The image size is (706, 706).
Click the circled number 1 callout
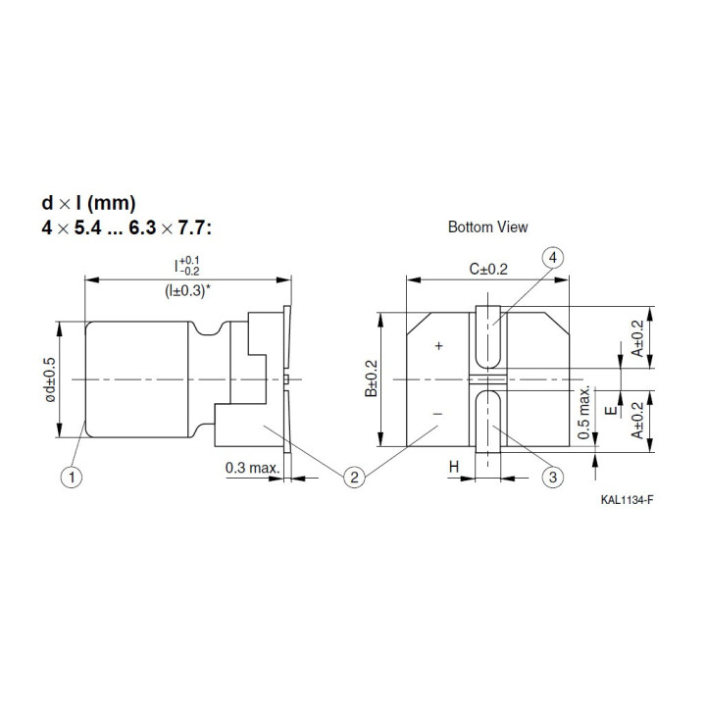(69, 478)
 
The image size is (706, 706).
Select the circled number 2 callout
(355, 478)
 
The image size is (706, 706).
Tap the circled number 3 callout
(553, 478)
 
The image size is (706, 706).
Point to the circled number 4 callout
(552, 258)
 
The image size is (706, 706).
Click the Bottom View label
(487, 227)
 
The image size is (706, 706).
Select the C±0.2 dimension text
(487, 269)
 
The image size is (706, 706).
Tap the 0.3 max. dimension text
(252, 468)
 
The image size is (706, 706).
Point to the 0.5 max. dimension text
(585, 412)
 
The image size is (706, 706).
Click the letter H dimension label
(454, 469)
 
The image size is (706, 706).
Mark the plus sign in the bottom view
(438, 345)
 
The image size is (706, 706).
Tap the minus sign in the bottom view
(438, 416)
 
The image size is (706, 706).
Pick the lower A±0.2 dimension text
(639, 418)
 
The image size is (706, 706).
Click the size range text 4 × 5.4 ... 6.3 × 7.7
(126, 227)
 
